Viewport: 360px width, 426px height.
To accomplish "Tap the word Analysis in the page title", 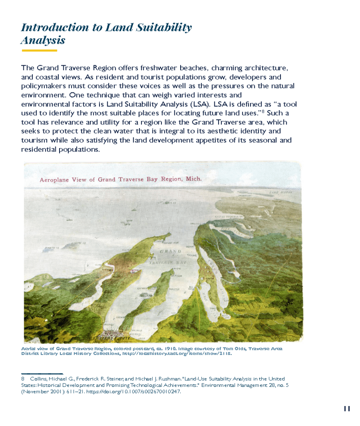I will point(43,41).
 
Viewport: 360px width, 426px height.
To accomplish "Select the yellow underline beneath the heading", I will point(39,50).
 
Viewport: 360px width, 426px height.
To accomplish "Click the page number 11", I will point(347,409).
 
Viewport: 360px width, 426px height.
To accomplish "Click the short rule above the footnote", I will point(42,374).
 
